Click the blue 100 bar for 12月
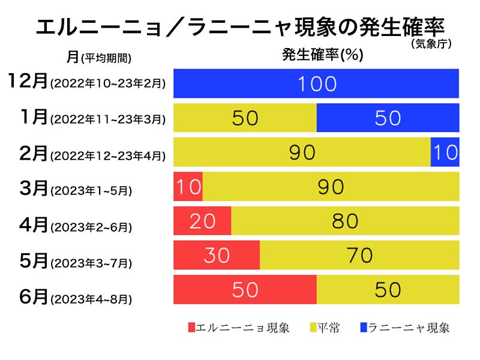coord(316,83)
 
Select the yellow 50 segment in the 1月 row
coord(245,118)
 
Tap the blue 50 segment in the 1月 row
coord(388,118)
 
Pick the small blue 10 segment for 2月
coord(445,152)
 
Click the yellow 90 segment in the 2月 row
coord(302,152)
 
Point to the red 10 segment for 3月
coord(188,187)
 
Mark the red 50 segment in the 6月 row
coord(245,290)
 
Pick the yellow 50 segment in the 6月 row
coord(388,290)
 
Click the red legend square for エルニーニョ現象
coord(191,328)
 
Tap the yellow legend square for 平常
coord(313,328)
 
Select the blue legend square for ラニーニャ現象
coord(364,328)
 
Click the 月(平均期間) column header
coord(99,57)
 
